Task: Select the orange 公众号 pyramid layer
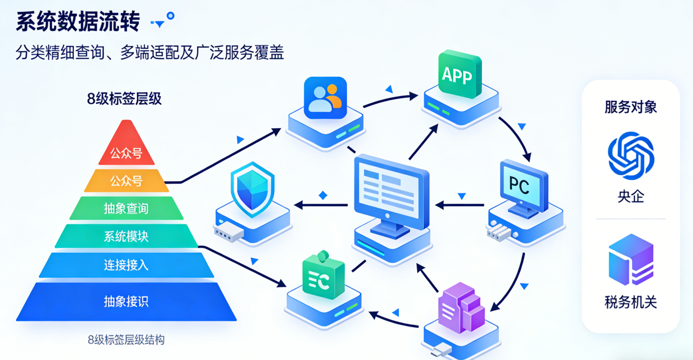coord(126,180)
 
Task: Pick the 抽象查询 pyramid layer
coord(126,209)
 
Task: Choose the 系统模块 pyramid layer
coord(126,237)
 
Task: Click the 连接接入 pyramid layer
coord(126,265)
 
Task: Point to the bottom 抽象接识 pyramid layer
coord(126,302)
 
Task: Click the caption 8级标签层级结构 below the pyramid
coord(126,340)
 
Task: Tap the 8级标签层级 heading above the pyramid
coord(125,99)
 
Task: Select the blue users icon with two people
coord(325,98)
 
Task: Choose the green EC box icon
coord(323,278)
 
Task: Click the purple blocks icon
coord(462,309)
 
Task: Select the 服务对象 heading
coord(630,107)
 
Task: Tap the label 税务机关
coord(630,302)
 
